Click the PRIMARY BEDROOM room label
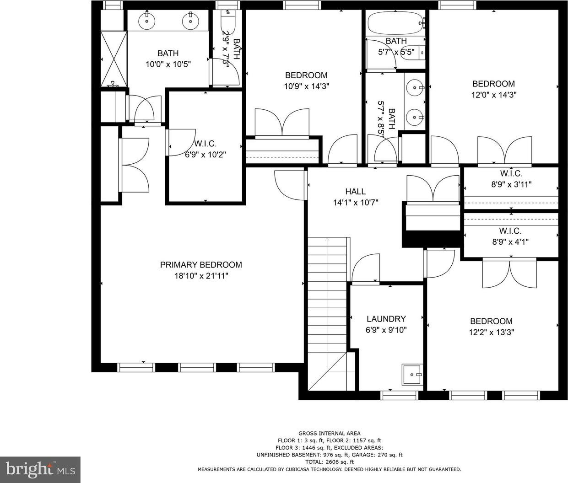pyautogui.click(x=201, y=265)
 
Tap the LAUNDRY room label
pyautogui.click(x=386, y=319)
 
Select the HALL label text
pyautogui.click(x=355, y=191)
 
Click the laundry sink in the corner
pyautogui.click(x=412, y=375)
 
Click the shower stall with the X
pyautogui.click(x=114, y=59)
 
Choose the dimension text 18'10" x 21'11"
pyautogui.click(x=201, y=276)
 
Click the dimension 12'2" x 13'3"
pyautogui.click(x=491, y=333)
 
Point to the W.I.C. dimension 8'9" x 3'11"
pyautogui.click(x=511, y=184)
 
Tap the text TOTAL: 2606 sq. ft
pyautogui.click(x=330, y=462)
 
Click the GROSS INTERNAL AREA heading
pyautogui.click(x=330, y=434)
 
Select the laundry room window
pyautogui.click(x=399, y=395)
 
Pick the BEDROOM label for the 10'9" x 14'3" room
pyautogui.click(x=306, y=75)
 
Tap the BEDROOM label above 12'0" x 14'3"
pyautogui.click(x=493, y=84)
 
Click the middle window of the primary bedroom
pyautogui.click(x=197, y=367)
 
